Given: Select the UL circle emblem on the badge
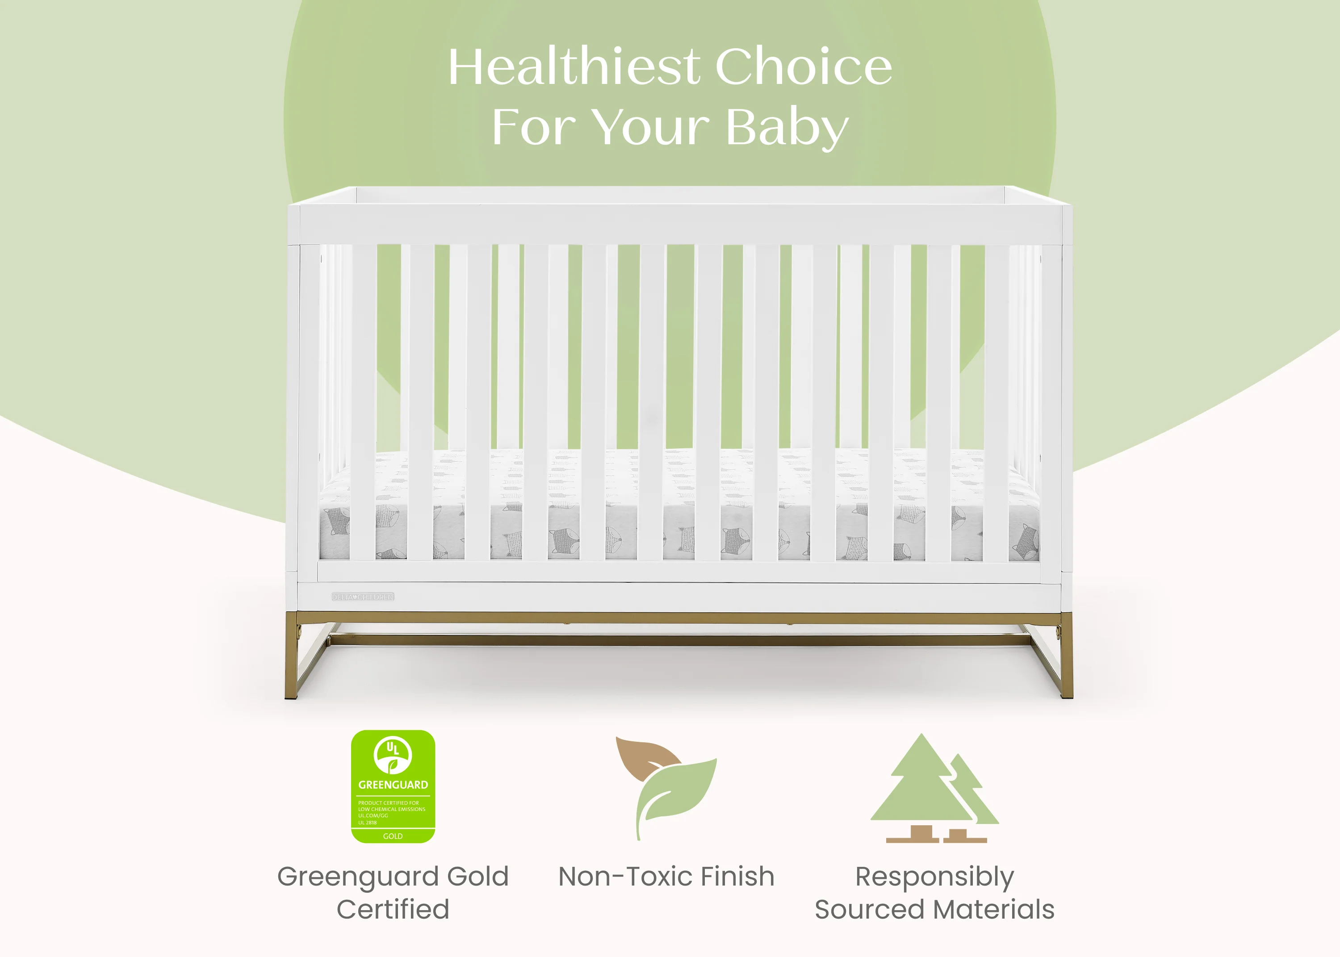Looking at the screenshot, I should pyautogui.click(x=393, y=754).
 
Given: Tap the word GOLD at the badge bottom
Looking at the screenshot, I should pyautogui.click(x=393, y=836).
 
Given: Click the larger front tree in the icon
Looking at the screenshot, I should pyautogui.click(x=921, y=784).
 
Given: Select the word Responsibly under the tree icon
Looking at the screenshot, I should pyautogui.click(x=934, y=877).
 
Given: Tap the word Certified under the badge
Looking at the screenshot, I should pyautogui.click(x=393, y=909).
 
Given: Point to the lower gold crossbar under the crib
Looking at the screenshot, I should pyautogui.click(x=678, y=640).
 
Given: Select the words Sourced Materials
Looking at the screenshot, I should pyautogui.click(x=934, y=909).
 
